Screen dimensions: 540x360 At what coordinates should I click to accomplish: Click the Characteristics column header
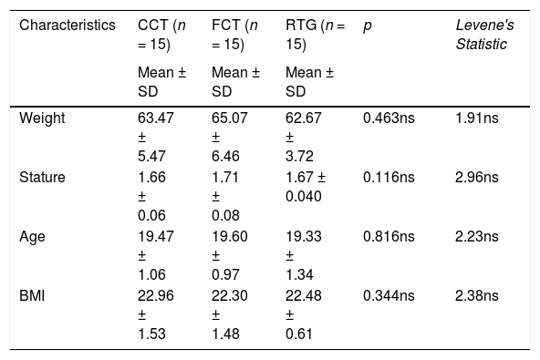(67, 26)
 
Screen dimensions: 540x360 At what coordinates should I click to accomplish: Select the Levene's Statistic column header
(485, 35)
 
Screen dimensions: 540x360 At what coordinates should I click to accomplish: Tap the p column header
(367, 26)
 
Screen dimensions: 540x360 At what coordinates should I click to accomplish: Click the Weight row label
(42, 118)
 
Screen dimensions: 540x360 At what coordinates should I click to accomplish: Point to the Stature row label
(42, 177)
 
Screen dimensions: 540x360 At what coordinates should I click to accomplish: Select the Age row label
(32, 237)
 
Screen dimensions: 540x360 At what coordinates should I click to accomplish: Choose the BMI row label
(32, 295)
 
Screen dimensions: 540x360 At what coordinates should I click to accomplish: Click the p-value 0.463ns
(389, 118)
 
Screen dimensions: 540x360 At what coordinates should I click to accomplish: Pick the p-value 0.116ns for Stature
(389, 177)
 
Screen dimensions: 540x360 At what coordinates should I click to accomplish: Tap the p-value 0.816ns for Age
(389, 236)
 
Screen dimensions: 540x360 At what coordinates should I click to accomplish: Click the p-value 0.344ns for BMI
(389, 295)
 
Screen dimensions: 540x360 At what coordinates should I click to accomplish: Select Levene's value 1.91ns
(477, 118)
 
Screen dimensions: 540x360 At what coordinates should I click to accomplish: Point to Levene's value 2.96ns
(477, 177)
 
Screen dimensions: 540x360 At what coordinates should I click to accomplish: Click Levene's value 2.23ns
(477, 236)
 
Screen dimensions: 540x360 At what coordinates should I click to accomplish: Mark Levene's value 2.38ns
(477, 295)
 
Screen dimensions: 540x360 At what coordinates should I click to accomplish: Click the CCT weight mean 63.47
(156, 118)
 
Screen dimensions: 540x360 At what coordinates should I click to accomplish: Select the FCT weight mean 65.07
(229, 118)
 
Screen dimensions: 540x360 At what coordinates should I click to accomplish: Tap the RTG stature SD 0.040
(304, 196)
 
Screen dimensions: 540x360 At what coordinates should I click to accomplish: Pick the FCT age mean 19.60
(229, 236)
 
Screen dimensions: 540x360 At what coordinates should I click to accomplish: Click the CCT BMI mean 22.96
(156, 295)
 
